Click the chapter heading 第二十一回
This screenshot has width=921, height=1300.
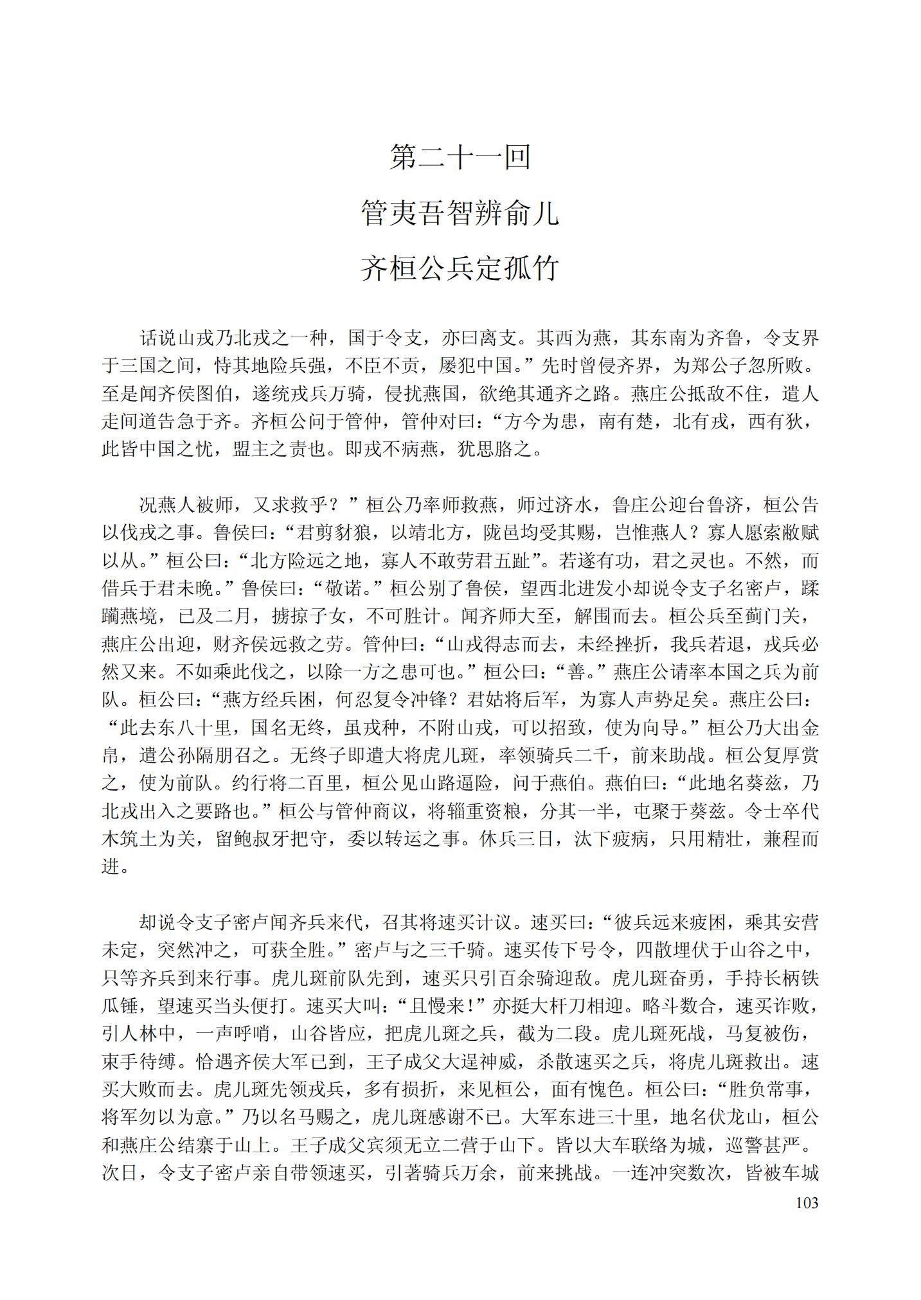coord(460,157)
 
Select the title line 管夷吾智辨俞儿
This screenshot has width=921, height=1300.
coord(460,213)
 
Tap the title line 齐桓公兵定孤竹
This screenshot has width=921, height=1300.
coord(460,268)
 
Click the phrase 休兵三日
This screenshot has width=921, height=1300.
coord(516,839)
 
